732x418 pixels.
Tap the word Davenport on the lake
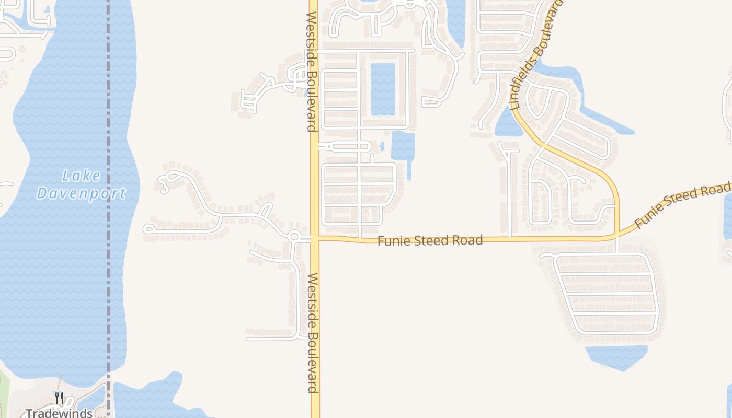pos(81,193)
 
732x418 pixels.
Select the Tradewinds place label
pos(59,413)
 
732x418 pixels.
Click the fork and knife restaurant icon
pos(59,398)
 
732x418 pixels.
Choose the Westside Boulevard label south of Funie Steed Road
pos(313,332)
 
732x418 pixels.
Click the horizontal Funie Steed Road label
pos(430,240)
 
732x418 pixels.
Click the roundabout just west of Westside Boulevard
pos(294,237)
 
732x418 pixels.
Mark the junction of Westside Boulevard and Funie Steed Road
pos(315,238)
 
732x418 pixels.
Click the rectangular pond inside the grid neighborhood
pos(383,89)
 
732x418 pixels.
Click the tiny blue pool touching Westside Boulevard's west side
pos(305,94)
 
